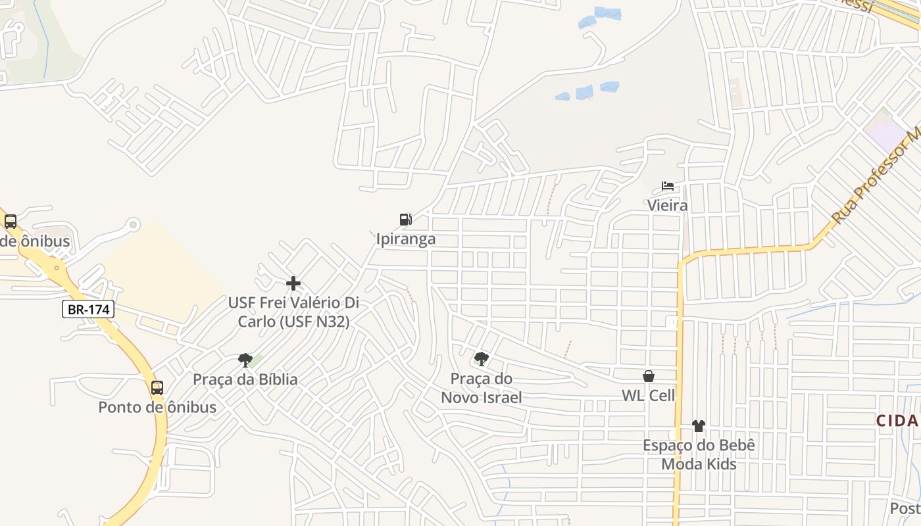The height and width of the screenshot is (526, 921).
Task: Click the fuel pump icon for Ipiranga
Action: pyautogui.click(x=406, y=220)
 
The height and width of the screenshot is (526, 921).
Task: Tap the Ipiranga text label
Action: pyautogui.click(x=406, y=239)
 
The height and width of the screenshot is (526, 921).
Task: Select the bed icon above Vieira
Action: pyautogui.click(x=668, y=186)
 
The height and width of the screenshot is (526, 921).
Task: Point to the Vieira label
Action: pyautogui.click(x=668, y=205)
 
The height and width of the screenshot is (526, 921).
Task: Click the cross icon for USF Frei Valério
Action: pyautogui.click(x=293, y=284)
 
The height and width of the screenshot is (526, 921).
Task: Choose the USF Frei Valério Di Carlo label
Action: pyautogui.click(x=293, y=312)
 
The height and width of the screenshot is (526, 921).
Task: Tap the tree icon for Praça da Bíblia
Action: pyautogui.click(x=245, y=360)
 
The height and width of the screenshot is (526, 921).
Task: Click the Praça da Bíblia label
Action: pyautogui.click(x=245, y=379)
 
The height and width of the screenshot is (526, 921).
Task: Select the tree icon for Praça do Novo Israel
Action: pyautogui.click(x=482, y=358)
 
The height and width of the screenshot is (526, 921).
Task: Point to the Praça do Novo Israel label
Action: pyautogui.click(x=482, y=388)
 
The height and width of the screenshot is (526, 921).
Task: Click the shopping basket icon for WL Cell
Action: pyautogui.click(x=649, y=376)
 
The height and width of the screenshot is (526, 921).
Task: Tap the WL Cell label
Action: pyautogui.click(x=649, y=395)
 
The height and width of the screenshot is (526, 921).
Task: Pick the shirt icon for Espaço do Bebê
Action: pyautogui.click(x=699, y=426)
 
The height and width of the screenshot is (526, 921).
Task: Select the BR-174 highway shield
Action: pyautogui.click(x=89, y=309)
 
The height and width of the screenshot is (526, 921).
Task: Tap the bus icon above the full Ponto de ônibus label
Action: pyautogui.click(x=157, y=388)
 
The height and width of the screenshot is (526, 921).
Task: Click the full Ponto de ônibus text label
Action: pyautogui.click(x=157, y=407)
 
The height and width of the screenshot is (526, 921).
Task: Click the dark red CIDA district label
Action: pyautogui.click(x=897, y=421)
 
